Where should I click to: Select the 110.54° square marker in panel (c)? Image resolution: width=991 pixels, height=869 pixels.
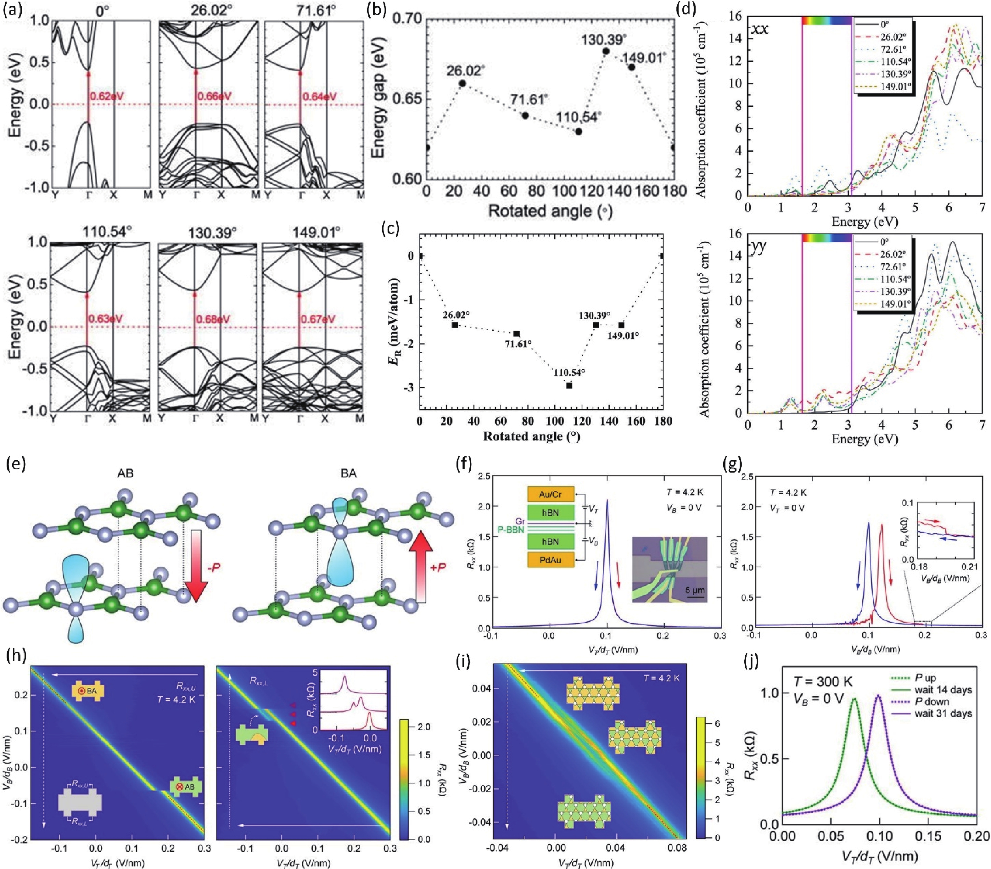pos(569,385)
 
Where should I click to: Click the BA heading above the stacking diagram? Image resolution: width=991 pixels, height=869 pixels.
pos(349,473)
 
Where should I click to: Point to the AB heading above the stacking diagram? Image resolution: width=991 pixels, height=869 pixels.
pos(125,473)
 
